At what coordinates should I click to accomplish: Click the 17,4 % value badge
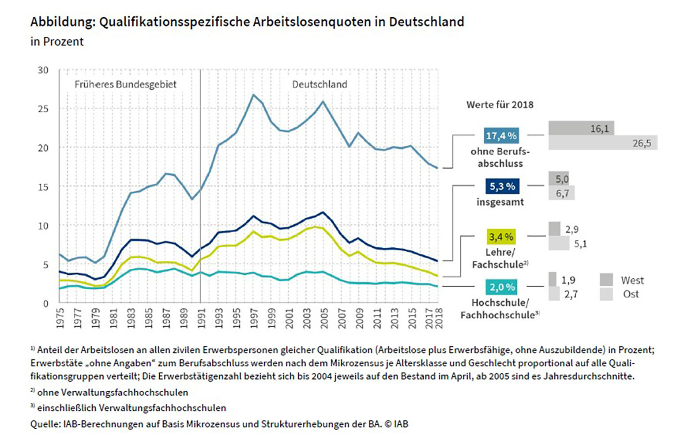pos(501,136)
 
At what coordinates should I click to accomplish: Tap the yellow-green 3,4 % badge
pos(501,237)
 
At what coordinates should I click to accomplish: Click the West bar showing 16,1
pos(581,128)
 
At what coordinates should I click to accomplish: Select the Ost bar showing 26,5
pos(603,143)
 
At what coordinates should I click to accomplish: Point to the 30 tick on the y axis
pos(43,70)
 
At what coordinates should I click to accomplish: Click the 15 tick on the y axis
pos(43,187)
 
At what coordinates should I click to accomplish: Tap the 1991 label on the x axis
pos(201,317)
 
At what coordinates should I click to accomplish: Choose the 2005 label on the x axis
pos(324,317)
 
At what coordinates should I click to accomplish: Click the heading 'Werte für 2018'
pos(500,105)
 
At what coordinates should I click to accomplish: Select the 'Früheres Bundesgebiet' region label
pos(125,84)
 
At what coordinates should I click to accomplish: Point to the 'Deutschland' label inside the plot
pos(319,84)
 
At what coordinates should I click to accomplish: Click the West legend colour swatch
pos(606,280)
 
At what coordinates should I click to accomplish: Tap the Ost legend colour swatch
pos(606,294)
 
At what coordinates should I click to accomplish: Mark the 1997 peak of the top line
pos(253,94)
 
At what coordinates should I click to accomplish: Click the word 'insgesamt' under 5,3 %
pos(500,202)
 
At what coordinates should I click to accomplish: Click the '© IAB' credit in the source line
pos(396,424)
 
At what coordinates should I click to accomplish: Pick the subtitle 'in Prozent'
pos(57,42)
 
